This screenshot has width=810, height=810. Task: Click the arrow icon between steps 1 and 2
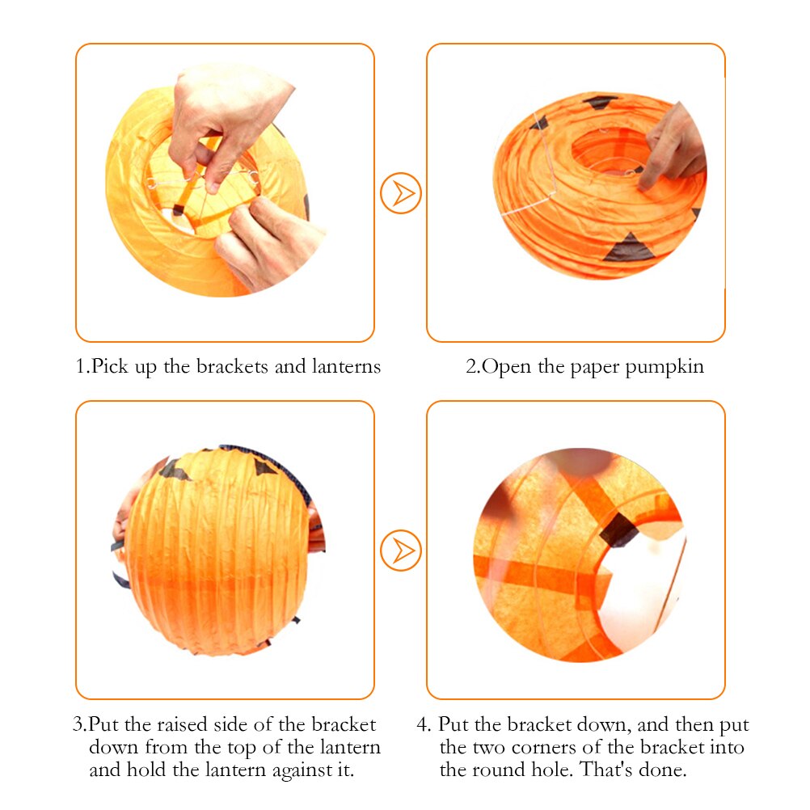pyautogui.click(x=401, y=193)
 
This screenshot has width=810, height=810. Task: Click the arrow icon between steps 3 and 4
pyautogui.click(x=401, y=551)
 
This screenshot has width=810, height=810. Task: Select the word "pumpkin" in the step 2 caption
pyautogui.click(x=668, y=366)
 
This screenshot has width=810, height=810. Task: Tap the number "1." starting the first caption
pyautogui.click(x=82, y=366)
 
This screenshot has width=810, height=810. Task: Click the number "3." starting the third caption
pyautogui.click(x=80, y=724)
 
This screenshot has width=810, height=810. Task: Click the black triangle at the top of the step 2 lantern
pyautogui.click(x=601, y=102)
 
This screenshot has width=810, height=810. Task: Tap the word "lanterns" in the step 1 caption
pyautogui.click(x=346, y=366)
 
